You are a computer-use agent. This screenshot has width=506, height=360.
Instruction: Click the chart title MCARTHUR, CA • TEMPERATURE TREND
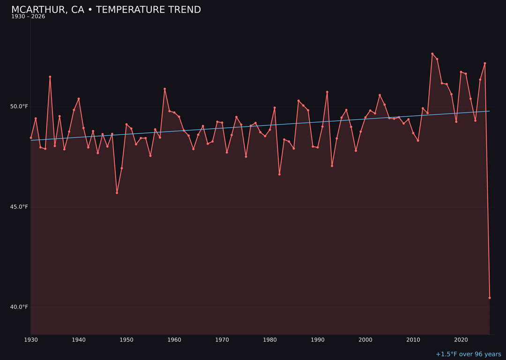click(106, 10)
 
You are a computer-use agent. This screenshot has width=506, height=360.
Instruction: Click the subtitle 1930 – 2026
click(28, 17)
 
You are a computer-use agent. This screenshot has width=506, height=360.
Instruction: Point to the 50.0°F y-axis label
click(19, 106)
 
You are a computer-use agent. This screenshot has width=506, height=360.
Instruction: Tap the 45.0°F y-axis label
click(19, 207)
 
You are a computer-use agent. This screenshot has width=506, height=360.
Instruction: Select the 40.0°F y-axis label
click(19, 307)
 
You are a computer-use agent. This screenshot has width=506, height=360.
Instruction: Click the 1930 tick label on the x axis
click(31, 340)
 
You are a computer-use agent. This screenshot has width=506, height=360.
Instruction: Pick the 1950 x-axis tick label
click(126, 340)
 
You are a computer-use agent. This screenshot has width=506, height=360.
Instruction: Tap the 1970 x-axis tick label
click(222, 340)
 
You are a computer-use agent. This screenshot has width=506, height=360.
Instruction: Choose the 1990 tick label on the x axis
click(318, 340)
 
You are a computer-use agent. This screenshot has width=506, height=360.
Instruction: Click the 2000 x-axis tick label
click(365, 340)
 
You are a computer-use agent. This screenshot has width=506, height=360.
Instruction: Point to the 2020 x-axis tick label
click(461, 340)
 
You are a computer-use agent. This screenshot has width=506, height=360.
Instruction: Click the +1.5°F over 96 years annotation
click(468, 354)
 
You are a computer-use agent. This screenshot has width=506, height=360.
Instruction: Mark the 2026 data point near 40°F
click(490, 298)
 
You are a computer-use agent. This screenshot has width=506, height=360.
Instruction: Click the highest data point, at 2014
click(432, 54)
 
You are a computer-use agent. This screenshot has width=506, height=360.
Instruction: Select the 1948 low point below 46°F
click(117, 193)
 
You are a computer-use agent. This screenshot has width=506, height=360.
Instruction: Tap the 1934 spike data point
click(50, 77)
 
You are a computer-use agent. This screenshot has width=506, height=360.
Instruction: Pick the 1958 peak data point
click(165, 89)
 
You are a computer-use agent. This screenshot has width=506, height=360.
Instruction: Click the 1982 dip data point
click(279, 174)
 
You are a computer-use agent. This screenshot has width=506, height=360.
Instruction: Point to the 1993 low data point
click(332, 166)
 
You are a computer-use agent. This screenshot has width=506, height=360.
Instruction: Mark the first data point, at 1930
click(31, 138)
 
